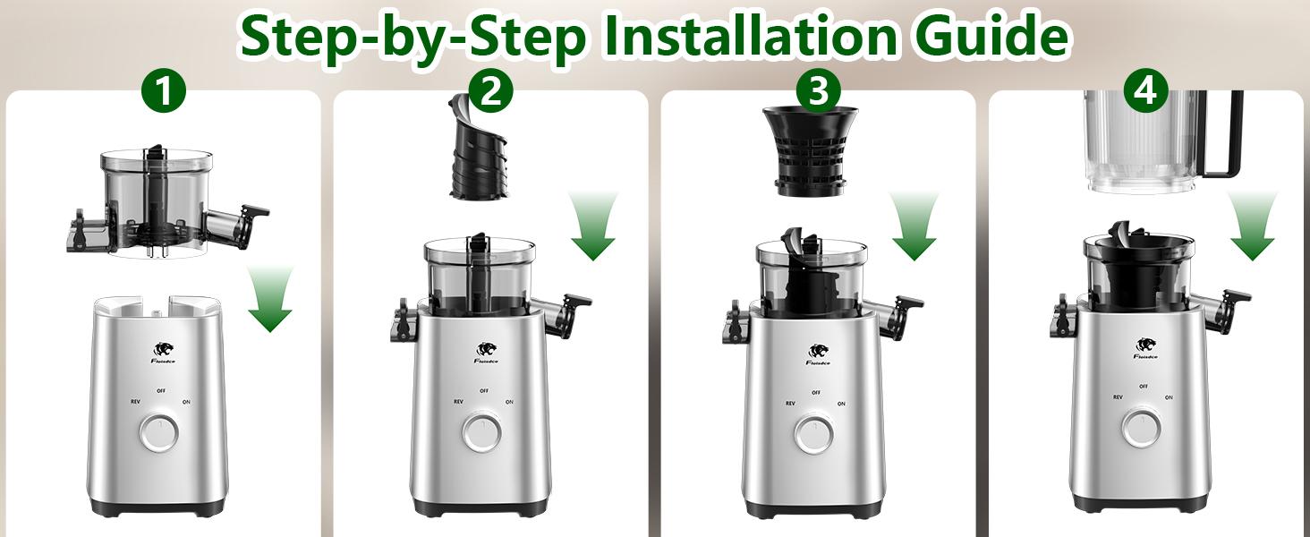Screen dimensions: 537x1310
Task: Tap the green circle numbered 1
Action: point(165,92)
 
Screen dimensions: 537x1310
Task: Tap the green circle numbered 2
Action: point(490,92)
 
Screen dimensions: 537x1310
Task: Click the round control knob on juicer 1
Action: point(158,434)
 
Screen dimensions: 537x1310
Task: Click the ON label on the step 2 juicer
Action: point(509,403)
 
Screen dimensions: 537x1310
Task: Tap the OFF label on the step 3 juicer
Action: point(815,392)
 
